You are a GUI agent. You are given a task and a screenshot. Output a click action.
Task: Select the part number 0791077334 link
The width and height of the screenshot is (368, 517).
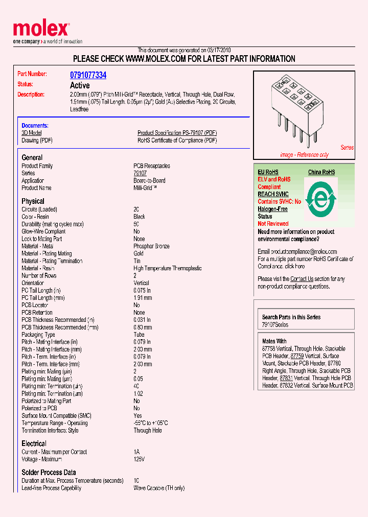coord(88,75)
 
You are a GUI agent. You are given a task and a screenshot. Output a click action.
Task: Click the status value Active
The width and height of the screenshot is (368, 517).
coord(80,85)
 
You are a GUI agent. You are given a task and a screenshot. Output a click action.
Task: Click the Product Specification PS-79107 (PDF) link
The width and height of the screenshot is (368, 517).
coord(177,133)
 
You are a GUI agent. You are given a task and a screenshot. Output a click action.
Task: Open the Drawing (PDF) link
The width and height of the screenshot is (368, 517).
coord(37,140)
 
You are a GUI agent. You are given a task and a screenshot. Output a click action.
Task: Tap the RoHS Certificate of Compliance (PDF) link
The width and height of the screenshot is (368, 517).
coord(177,140)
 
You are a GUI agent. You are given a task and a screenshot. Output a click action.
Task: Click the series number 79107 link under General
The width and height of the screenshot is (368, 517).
coord(140,173)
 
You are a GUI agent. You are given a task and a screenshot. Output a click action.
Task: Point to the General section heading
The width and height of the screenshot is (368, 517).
coord(32,157)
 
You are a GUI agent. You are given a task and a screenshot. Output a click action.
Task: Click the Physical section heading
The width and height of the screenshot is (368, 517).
coord(33,201)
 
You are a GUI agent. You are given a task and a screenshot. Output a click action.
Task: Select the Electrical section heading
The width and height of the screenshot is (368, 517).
coord(34,443)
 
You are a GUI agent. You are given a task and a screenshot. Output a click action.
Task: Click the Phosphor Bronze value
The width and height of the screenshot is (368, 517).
coord(151,246)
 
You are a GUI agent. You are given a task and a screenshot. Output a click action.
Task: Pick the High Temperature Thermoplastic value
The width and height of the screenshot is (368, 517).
coord(167,268)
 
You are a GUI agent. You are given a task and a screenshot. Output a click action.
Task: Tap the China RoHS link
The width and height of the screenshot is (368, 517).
coord(321,172)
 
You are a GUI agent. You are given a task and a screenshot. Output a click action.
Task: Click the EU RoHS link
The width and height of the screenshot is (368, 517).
coord(268,172)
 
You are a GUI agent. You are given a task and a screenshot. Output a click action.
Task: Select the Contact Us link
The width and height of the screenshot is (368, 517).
coord(302,279)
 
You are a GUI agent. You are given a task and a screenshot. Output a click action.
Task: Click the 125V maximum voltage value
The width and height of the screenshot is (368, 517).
coord(139,459)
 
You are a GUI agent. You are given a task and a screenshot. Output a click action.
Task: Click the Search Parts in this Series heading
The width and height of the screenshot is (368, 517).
coord(291,317)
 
